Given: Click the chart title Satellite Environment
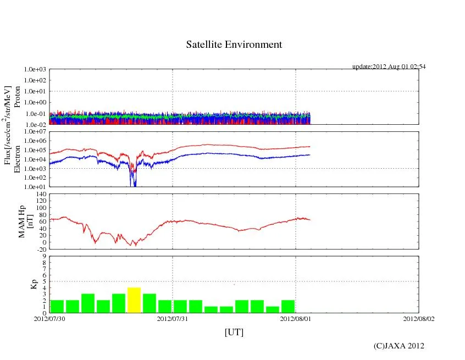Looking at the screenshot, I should (x=234, y=45).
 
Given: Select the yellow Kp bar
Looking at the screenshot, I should (x=134, y=300).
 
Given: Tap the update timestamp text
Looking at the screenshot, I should (x=389, y=67).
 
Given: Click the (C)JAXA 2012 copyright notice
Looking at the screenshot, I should (x=398, y=346).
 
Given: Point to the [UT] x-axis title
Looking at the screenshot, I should (x=234, y=333).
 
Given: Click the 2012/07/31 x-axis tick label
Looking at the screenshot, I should (x=173, y=318).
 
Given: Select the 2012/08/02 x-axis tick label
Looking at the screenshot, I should (x=418, y=318).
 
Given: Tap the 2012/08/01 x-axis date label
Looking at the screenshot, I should (x=296, y=318).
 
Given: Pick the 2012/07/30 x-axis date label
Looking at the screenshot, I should (x=49, y=318).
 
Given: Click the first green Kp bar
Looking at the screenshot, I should (x=57, y=306).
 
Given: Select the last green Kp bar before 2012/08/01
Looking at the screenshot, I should (x=288, y=306).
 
